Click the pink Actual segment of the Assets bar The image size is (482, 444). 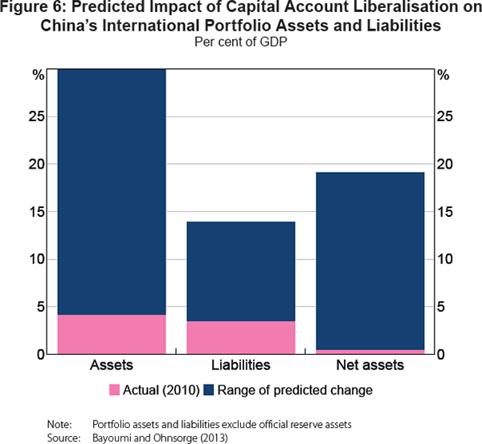[112, 333]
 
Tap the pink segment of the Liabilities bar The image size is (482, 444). [241, 337]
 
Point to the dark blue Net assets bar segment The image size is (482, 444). [370, 261]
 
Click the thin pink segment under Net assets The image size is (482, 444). [370, 352]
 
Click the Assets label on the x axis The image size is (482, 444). [112, 366]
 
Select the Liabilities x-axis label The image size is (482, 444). [241, 366]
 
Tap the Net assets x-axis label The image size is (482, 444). [370, 366]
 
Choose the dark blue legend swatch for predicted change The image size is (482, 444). [211, 390]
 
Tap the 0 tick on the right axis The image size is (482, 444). [439, 354]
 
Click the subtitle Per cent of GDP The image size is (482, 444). [240, 40]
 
